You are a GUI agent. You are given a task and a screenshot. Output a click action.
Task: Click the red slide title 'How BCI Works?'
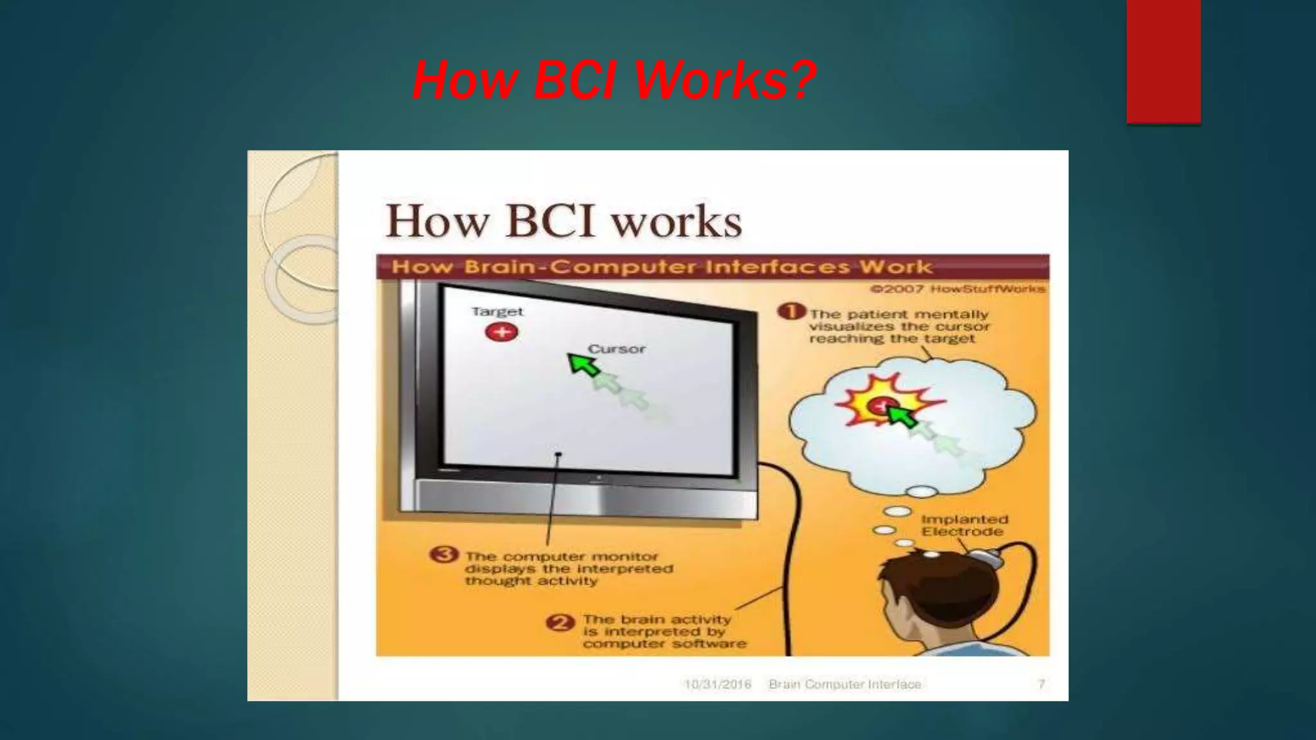click(614, 80)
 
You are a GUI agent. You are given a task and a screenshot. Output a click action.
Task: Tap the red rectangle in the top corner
click(1163, 61)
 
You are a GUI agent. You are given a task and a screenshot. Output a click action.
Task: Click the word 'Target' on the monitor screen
click(497, 312)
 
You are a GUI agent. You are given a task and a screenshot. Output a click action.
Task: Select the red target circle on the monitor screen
click(502, 332)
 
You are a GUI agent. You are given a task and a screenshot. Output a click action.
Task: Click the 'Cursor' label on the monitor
click(616, 349)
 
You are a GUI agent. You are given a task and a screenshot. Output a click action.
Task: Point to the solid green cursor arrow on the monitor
click(583, 364)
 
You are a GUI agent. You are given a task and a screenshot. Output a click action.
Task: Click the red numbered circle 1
click(791, 312)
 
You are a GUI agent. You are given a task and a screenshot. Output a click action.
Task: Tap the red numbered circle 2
click(559, 623)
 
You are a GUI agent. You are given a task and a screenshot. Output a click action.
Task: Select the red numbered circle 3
click(444, 555)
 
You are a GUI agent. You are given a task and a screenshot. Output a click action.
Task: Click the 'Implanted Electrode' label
click(964, 525)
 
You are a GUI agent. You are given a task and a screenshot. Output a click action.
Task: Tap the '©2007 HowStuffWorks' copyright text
click(957, 289)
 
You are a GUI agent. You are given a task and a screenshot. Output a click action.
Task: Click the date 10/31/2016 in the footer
click(717, 684)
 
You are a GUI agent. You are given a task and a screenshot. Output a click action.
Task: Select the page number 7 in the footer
click(1041, 684)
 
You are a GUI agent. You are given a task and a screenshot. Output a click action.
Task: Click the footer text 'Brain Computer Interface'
click(844, 684)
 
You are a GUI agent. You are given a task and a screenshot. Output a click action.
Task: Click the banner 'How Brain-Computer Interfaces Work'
click(662, 267)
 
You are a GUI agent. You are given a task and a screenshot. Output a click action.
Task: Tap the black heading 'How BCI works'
click(564, 221)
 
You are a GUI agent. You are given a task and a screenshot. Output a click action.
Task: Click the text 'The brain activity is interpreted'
click(657, 625)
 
